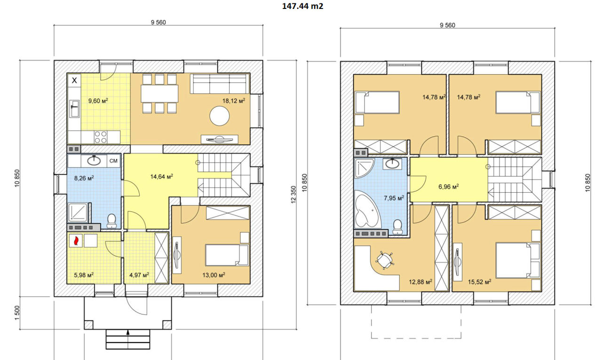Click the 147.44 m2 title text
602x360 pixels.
[x=302, y=6]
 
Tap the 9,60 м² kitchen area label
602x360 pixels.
[x=98, y=101]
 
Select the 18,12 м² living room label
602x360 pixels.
[x=234, y=101]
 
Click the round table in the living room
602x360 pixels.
[x=220, y=116]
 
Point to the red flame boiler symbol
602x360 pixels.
[x=76, y=241]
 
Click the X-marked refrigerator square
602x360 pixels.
[x=74, y=80]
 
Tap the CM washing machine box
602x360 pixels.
[x=113, y=161]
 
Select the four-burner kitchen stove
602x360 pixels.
[x=101, y=137]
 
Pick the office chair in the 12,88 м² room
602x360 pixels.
[x=385, y=260]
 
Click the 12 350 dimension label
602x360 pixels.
[x=293, y=195]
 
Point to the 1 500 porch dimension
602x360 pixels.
[x=17, y=313]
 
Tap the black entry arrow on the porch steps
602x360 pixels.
[x=128, y=333]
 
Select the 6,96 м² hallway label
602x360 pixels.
[x=449, y=186]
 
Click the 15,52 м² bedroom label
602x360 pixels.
[x=480, y=282]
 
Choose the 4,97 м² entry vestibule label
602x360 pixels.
[x=139, y=275]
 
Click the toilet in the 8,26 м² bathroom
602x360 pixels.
[x=111, y=220]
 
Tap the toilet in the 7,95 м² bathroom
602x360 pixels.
[x=397, y=227]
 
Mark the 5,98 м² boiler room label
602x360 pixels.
[x=84, y=275]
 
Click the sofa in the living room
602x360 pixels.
[x=220, y=84]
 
